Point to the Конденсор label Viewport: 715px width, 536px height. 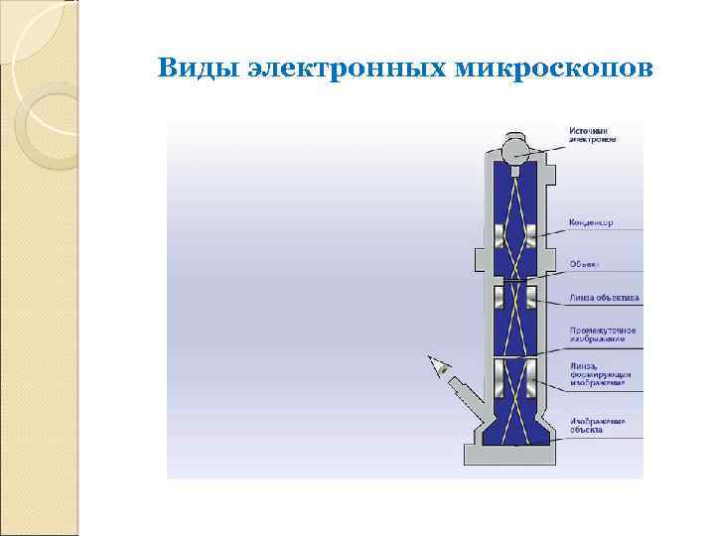pos(591,222)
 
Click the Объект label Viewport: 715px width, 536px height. pos(583,264)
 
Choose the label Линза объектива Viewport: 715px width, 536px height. pos(604,297)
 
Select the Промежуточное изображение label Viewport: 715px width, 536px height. pos(602,334)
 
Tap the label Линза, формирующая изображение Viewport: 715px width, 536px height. pos(599,372)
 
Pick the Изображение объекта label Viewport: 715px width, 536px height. pos(598,427)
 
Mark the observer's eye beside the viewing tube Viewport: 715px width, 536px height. pos(437,366)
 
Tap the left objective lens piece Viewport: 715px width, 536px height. pos(500,296)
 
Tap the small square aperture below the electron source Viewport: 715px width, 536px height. pos(515,173)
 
